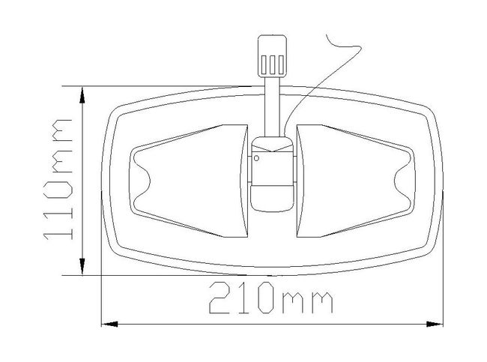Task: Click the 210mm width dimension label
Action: click(270, 298)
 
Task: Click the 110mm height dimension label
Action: click(58, 179)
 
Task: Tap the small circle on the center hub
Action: click(256, 158)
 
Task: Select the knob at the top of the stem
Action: click(272, 56)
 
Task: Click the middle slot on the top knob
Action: click(272, 64)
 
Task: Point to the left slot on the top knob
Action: click(264, 64)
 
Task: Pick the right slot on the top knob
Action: click(281, 64)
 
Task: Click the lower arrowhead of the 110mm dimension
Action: click(82, 266)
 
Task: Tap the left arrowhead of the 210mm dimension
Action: click(109, 324)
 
